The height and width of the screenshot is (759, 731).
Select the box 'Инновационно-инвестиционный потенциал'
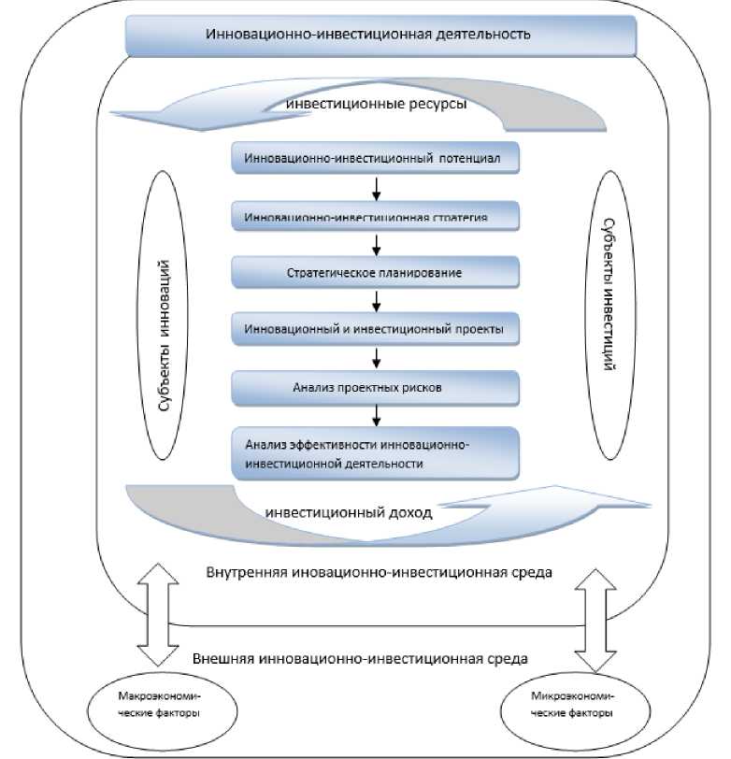374,158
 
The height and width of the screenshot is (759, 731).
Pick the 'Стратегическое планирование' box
374,273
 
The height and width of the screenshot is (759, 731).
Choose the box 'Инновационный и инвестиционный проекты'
374,330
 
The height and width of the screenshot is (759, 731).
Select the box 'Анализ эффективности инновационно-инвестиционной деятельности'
374,453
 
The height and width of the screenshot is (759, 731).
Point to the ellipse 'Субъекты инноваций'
167,326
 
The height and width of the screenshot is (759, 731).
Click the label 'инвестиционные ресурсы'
378,104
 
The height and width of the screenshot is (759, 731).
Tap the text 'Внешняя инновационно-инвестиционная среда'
360,658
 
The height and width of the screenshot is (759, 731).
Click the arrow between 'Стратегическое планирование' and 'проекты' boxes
375,302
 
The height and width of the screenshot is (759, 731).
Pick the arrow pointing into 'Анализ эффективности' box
375,415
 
